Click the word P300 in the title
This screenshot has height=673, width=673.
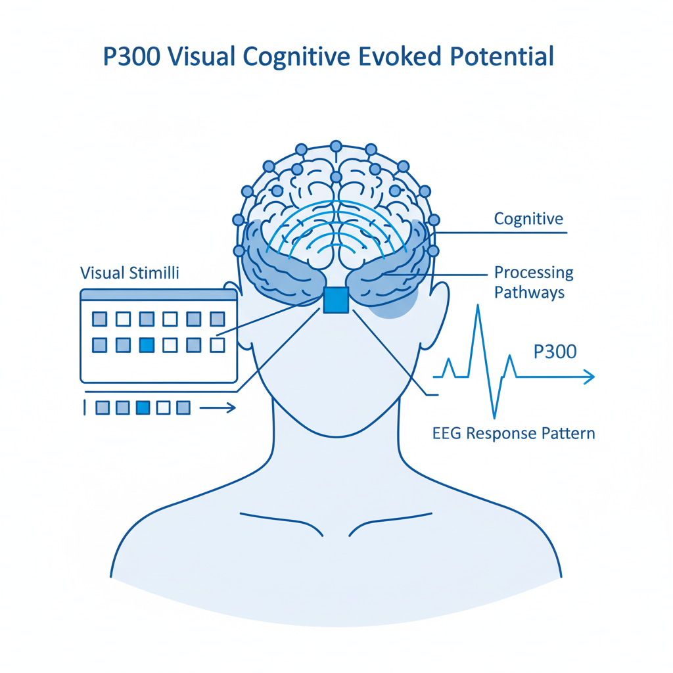click(x=131, y=57)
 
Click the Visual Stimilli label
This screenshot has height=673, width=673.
click(x=129, y=273)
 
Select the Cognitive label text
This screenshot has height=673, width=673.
click(x=528, y=219)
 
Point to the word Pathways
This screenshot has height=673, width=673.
click(x=529, y=292)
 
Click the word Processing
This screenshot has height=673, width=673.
click(x=534, y=273)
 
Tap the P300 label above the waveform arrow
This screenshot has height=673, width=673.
click(x=555, y=352)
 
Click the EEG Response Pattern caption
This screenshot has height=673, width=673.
click(x=513, y=434)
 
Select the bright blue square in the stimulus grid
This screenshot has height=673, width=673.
click(x=147, y=345)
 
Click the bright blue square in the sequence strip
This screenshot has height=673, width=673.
click(x=143, y=407)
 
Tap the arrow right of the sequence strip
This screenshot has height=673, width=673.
click(x=218, y=407)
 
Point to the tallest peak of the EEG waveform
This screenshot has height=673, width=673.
click(x=478, y=306)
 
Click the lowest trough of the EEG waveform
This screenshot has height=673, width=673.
click(x=494, y=417)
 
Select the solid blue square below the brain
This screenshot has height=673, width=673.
click(x=336, y=300)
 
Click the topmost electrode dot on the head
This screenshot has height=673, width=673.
click(x=336, y=147)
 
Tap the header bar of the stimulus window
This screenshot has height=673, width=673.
click(x=159, y=294)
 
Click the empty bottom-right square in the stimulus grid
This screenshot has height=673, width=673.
click(x=217, y=345)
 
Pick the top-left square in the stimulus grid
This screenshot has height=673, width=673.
click(x=100, y=319)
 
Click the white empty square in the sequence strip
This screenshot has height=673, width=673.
click(x=163, y=407)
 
